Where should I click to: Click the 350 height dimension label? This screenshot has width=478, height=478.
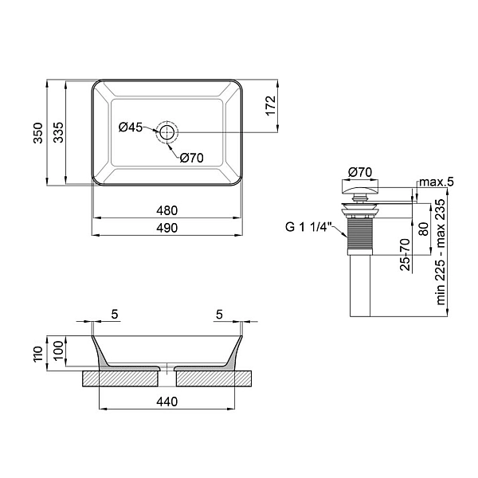pos(38,133)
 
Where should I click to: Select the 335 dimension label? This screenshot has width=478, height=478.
pos(58,132)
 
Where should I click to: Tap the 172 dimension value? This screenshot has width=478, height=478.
pos(271,106)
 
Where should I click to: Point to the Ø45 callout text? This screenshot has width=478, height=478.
pos(131,127)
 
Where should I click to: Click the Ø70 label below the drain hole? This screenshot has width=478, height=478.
pos(191,158)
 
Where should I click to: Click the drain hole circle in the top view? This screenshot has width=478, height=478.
pos(167,132)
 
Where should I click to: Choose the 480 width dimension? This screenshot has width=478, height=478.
pos(167,210)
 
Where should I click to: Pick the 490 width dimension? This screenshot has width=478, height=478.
pos(167,228)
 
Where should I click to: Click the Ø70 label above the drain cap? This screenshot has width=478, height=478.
pos(360,173)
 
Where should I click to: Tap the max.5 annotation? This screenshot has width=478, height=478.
pos(437,182)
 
